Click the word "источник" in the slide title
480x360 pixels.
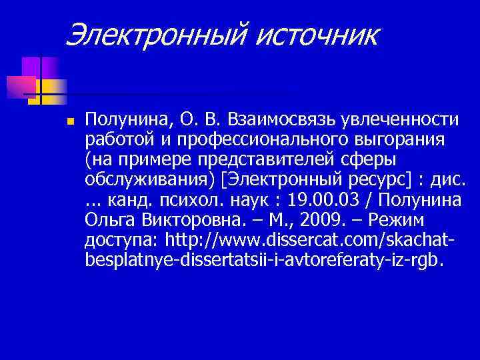coord(317,34)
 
